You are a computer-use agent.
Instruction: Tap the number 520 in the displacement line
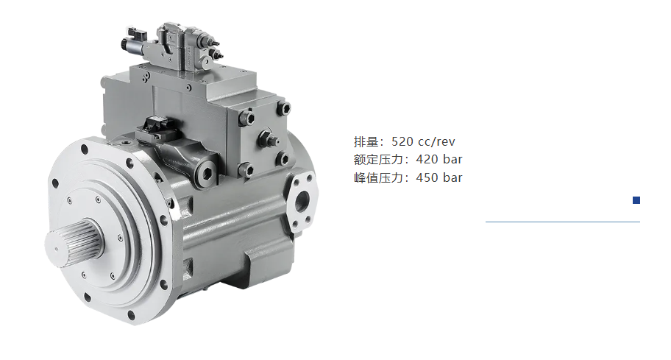[402, 141]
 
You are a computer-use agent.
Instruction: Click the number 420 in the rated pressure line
[427, 159]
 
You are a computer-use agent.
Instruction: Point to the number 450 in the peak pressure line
[427, 177]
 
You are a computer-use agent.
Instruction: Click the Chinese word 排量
[366, 141]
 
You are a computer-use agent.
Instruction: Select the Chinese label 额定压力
[379, 159]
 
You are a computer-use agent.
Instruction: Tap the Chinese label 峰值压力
[379, 177]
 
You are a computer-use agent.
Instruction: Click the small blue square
[636, 200]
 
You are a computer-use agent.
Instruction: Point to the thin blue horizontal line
[563, 222]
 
